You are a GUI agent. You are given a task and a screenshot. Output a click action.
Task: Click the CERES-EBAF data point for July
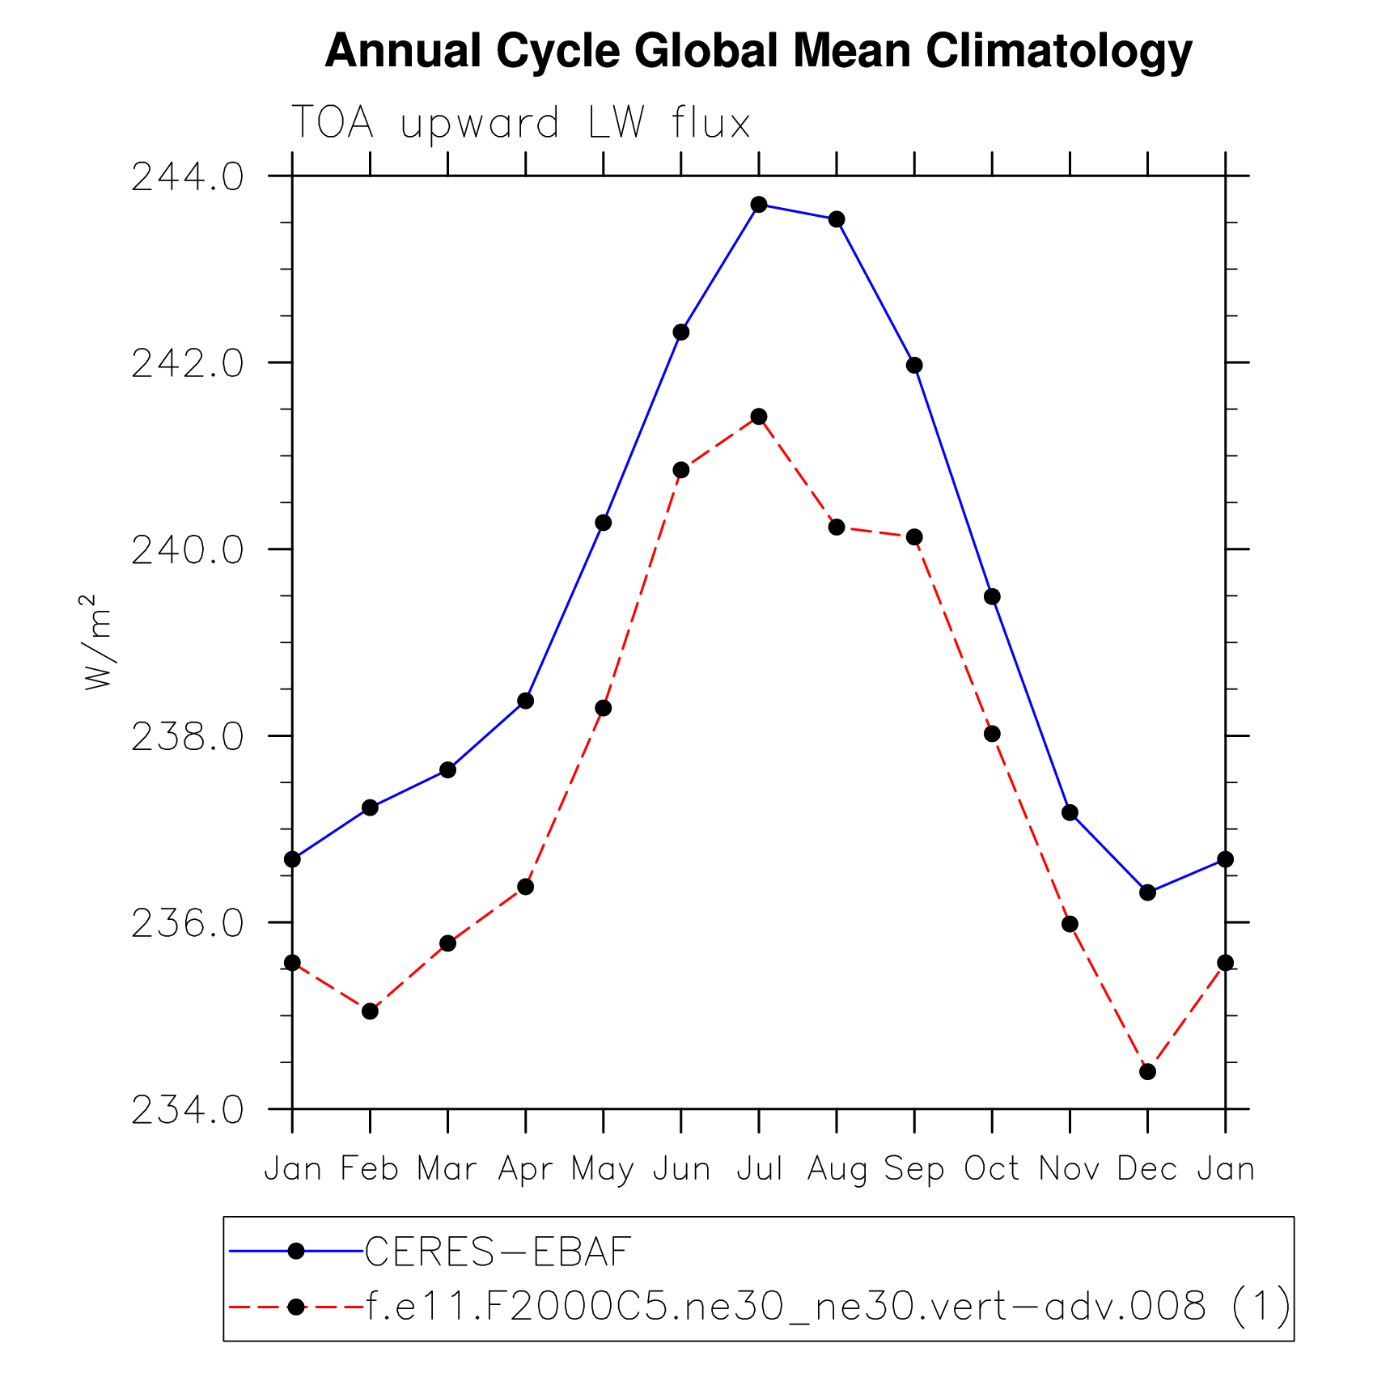pyautogui.click(x=759, y=205)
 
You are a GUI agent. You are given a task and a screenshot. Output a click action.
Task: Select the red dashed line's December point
pyautogui.click(x=1147, y=1072)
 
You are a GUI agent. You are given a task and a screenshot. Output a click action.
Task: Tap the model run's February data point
pyautogui.click(x=370, y=1011)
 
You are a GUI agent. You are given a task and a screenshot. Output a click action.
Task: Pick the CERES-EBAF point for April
pyautogui.click(x=526, y=701)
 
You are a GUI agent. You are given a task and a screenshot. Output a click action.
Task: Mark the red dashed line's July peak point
pyautogui.click(x=759, y=417)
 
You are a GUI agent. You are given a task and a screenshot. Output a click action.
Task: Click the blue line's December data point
pyautogui.click(x=1147, y=893)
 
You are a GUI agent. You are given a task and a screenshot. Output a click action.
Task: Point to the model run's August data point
pyautogui.click(x=837, y=528)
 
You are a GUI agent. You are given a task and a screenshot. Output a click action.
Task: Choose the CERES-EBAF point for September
pyautogui.click(x=914, y=366)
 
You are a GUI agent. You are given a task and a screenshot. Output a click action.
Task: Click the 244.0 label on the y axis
pyautogui.click(x=187, y=177)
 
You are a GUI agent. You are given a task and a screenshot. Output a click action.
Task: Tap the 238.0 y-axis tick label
pyautogui.click(x=187, y=737)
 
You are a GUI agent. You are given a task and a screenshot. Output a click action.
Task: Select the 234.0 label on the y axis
pyautogui.click(x=187, y=1110)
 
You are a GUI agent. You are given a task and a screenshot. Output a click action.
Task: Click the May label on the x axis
pyautogui.click(x=603, y=1170)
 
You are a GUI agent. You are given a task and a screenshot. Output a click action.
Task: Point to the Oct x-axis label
pyautogui.click(x=992, y=1169)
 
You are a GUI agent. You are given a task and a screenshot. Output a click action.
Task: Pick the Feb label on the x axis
pyautogui.click(x=370, y=1169)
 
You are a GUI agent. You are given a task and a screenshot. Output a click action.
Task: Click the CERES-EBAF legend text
pyautogui.click(x=498, y=1252)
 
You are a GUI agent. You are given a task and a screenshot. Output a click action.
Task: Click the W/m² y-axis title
pyautogui.click(x=98, y=643)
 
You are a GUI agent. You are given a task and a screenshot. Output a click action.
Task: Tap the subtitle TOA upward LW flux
pyautogui.click(x=521, y=124)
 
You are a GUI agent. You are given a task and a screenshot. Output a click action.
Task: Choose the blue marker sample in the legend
pyautogui.click(x=296, y=1252)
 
